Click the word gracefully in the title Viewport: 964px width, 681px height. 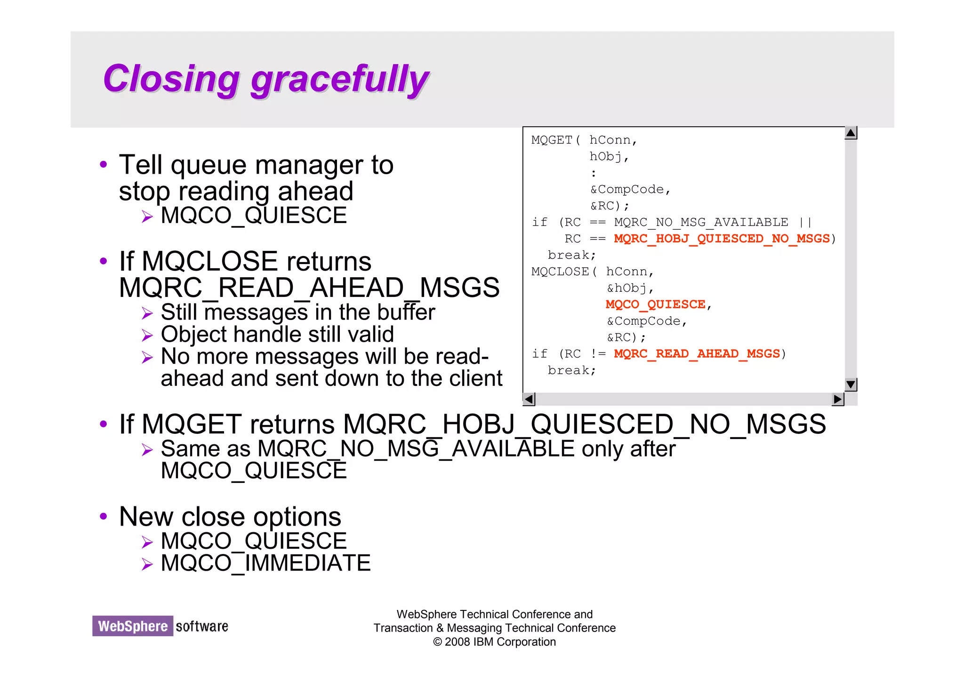339,80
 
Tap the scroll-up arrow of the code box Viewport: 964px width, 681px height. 851,133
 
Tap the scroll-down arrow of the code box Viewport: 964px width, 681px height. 851,385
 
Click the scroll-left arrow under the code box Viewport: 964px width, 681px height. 529,399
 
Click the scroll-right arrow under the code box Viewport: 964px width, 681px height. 838,399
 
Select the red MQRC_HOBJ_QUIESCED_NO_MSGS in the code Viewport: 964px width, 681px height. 722,239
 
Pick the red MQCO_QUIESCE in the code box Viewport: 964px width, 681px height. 655,304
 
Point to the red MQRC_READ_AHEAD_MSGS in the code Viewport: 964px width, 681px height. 697,353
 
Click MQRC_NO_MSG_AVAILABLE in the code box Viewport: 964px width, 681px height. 701,222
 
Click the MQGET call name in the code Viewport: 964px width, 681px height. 552,140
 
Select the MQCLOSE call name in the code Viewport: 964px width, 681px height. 560,272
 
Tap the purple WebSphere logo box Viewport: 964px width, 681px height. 133,626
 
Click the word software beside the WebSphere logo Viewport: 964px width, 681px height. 202,626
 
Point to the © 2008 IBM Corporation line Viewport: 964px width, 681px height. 494,642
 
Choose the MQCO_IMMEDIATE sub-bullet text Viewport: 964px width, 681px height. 265,563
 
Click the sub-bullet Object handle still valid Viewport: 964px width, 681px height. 277,335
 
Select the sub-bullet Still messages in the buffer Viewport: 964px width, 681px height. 297,312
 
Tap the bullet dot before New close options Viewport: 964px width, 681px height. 104,516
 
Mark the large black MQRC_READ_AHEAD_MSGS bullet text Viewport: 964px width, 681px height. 309,288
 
